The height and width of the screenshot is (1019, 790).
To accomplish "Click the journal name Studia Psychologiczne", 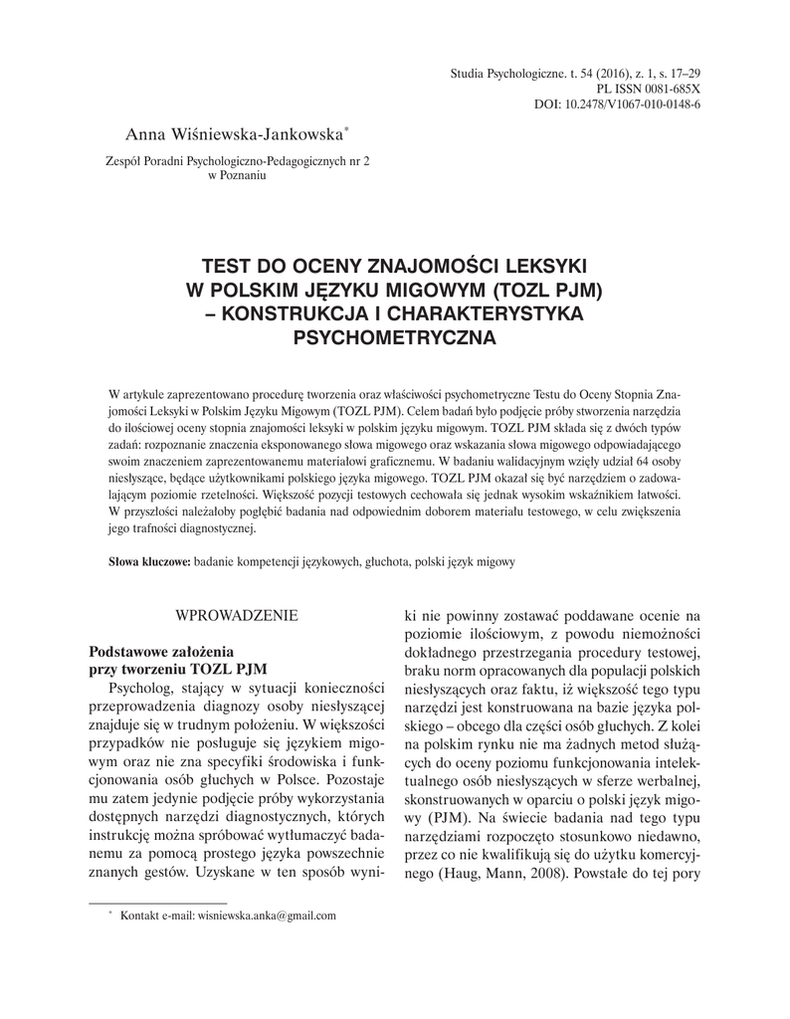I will [x=506, y=74].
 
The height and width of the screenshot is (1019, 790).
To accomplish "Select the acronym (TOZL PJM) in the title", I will [x=542, y=290].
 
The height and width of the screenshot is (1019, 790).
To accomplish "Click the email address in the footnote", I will [x=267, y=916].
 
